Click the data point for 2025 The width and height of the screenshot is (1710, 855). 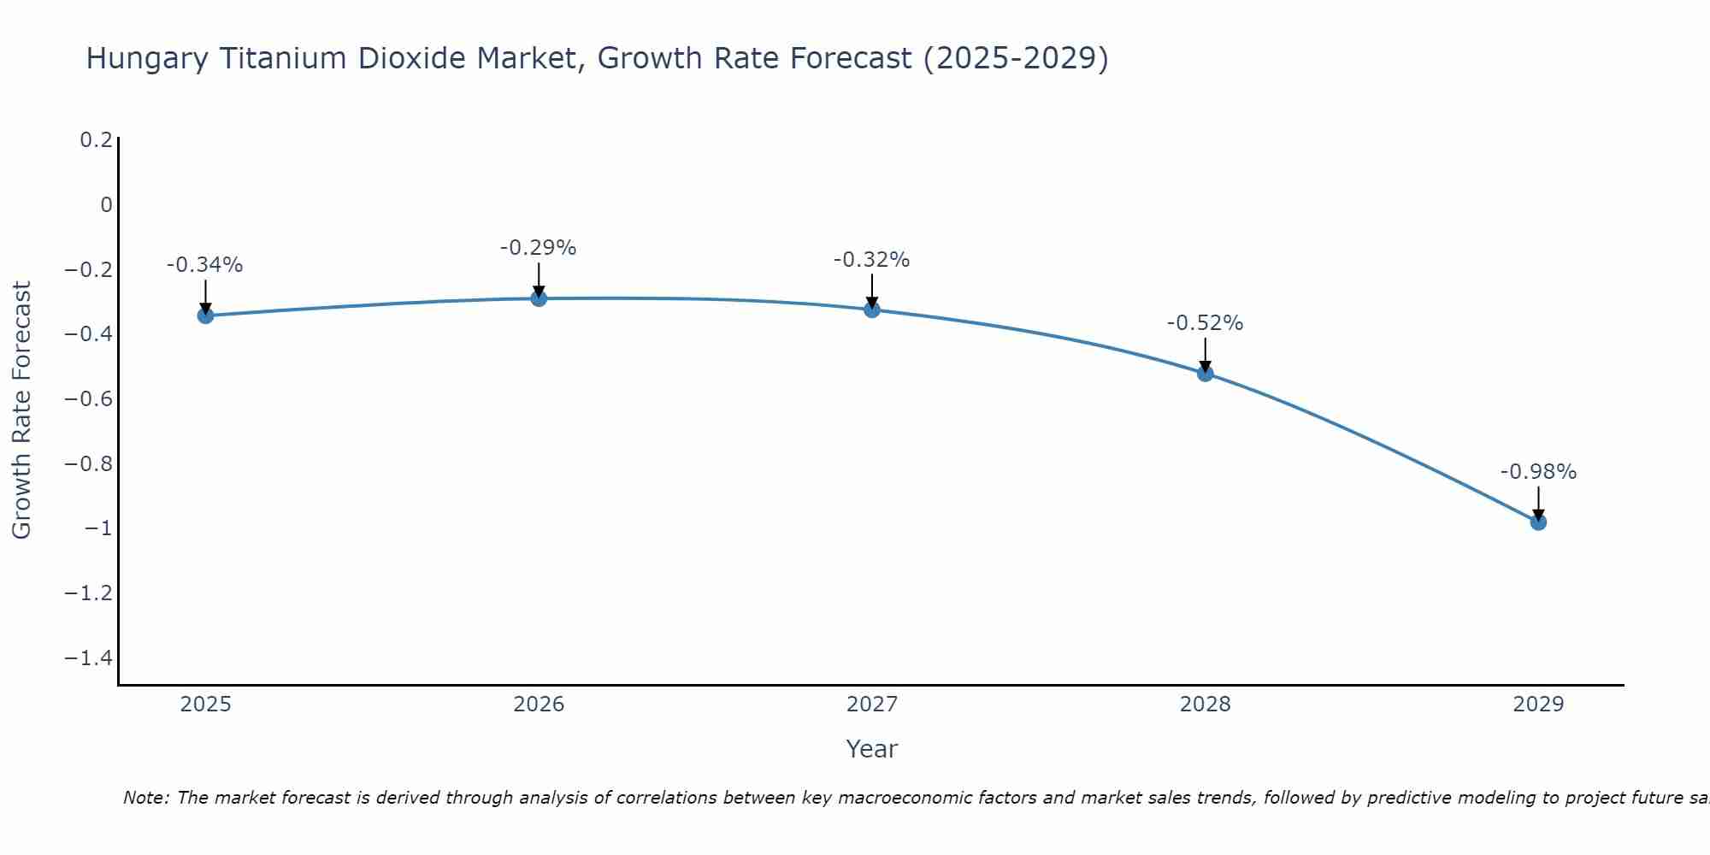pos(205,315)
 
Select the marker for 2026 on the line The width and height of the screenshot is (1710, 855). pos(539,298)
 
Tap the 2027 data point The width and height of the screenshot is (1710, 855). pos(872,310)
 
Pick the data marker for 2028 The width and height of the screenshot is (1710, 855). pos(1206,373)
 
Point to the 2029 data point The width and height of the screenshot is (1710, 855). pos(1538,522)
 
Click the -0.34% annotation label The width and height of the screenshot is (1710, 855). pos(204,265)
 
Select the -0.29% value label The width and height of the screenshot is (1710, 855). pos(538,248)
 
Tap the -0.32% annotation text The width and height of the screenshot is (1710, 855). pos(871,260)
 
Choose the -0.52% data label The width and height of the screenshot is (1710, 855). pos(1205,323)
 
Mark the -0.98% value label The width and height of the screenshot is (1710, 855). pos(1538,472)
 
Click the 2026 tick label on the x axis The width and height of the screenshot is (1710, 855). pos(539,705)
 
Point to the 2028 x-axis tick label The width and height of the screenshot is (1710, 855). pos(1206,705)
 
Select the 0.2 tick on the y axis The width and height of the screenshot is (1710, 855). pos(96,140)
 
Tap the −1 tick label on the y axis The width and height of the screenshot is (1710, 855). pos(98,528)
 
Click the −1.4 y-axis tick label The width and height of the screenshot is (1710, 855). pos(89,658)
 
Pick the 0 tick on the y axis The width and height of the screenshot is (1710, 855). pos(106,205)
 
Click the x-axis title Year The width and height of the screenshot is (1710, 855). pos(871,749)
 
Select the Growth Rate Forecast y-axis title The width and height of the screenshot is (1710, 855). pos(21,410)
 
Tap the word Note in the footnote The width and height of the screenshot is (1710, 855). pos(146,798)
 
